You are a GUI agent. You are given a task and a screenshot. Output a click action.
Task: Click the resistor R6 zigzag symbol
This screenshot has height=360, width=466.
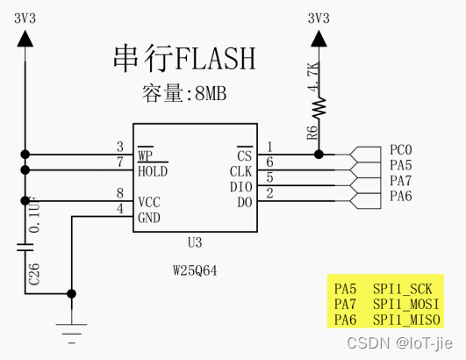[319, 107]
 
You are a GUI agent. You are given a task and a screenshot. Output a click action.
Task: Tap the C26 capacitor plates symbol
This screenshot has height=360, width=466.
[25, 248]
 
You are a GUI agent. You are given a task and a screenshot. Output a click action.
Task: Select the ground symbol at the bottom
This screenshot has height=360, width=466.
[71, 334]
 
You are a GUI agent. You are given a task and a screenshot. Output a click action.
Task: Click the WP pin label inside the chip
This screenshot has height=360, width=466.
[146, 155]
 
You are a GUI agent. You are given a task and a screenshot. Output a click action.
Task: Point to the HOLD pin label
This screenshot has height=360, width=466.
[153, 171]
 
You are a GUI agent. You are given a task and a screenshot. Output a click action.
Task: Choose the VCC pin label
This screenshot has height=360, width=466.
[149, 203]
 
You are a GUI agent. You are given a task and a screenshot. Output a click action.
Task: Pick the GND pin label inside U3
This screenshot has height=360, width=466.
[149, 218]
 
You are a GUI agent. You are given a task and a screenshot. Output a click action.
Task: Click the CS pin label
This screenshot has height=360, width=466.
[244, 155]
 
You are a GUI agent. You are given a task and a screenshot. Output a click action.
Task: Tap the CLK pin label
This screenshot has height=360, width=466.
[240, 171]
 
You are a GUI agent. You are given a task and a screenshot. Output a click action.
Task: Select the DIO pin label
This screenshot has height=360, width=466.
[241, 187]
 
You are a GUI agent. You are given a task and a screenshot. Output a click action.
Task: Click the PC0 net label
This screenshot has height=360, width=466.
[401, 150]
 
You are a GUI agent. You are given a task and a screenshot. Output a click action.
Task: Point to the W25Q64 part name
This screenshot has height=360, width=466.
[195, 270]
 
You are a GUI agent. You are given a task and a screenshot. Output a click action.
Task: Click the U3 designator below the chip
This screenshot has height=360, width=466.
[195, 243]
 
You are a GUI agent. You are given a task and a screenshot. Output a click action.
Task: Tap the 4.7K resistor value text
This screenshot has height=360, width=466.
[313, 76]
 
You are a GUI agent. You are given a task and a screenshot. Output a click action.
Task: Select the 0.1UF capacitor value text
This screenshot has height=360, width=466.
[34, 215]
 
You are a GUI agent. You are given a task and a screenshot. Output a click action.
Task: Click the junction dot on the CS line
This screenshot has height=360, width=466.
[319, 155]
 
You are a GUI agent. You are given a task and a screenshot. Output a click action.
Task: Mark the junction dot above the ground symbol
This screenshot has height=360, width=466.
[71, 294]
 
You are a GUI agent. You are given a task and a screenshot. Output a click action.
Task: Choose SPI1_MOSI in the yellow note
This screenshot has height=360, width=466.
[406, 305]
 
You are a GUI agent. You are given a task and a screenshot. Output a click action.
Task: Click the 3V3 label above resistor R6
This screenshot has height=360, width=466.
[319, 18]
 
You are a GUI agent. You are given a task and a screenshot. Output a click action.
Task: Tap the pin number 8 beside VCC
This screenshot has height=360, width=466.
[120, 193]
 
